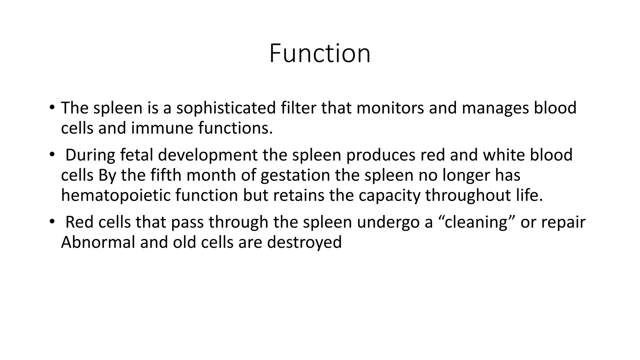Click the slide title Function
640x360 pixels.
(320, 53)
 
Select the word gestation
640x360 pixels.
(295, 176)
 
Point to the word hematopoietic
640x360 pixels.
(116, 196)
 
